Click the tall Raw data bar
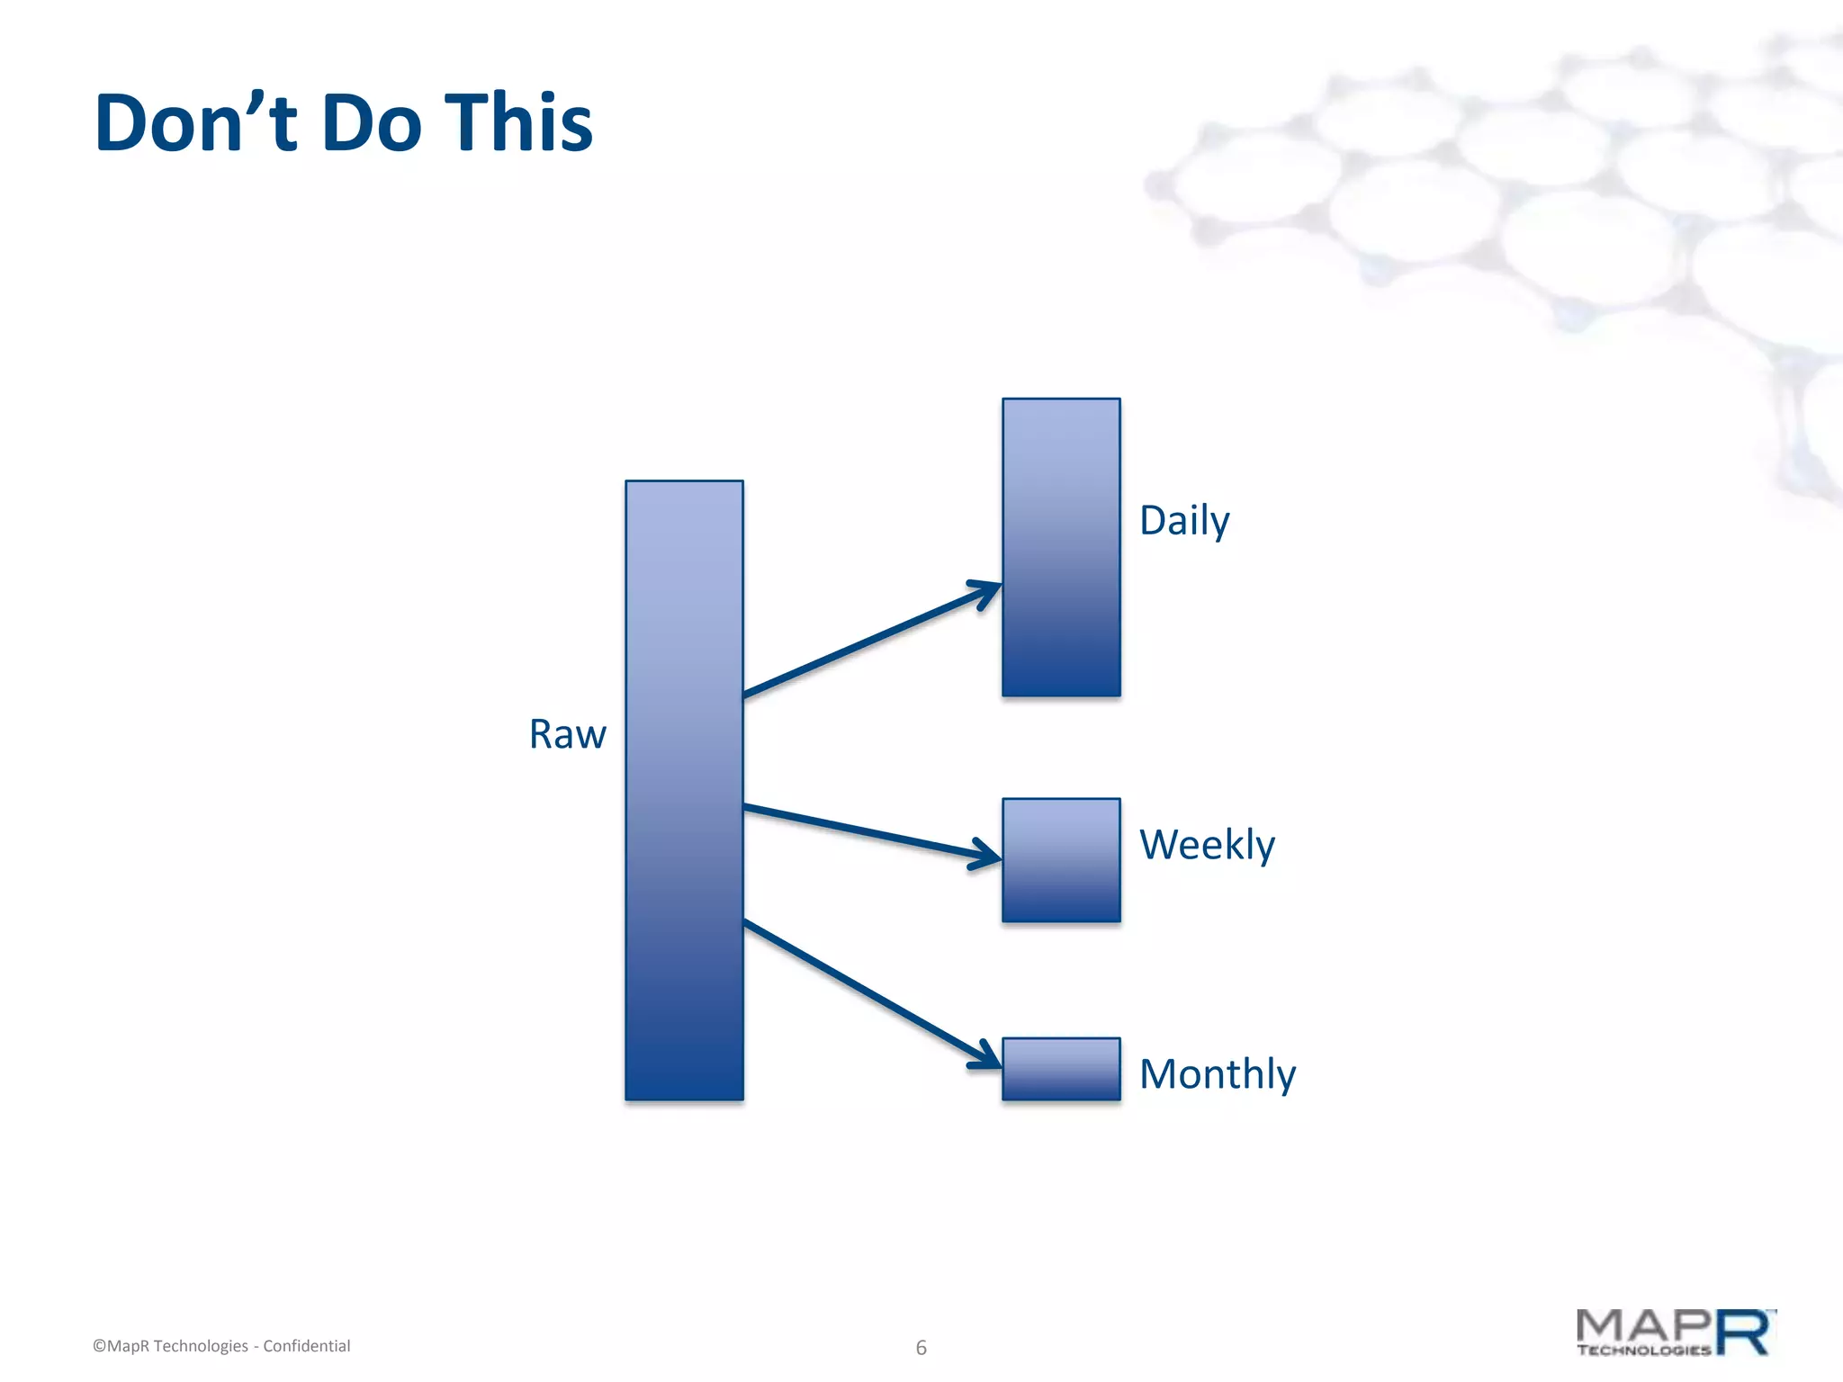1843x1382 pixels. (684, 790)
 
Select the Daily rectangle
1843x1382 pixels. (1061, 547)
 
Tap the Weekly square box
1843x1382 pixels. (1061, 860)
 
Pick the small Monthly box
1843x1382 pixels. (1061, 1069)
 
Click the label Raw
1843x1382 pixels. (567, 734)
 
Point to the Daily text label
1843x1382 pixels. (1183, 521)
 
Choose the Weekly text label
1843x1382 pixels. (1207, 845)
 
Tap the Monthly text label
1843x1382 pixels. (1217, 1074)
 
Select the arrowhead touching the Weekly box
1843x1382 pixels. (988, 854)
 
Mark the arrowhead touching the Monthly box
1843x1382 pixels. (988, 1058)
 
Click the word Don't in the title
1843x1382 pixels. (195, 122)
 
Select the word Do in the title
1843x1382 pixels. (371, 122)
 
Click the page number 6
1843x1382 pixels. (921, 1348)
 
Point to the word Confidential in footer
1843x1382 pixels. (306, 1346)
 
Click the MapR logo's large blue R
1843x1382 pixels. (1745, 1333)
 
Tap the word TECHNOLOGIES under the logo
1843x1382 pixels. (1643, 1351)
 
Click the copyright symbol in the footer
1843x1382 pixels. (99, 1347)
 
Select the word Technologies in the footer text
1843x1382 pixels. (201, 1346)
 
